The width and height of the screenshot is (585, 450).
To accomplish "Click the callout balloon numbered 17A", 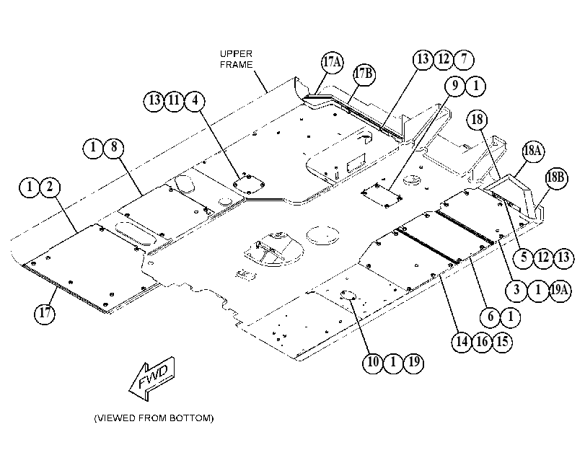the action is tap(332, 61).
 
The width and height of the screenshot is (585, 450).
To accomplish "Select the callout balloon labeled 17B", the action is tap(364, 74).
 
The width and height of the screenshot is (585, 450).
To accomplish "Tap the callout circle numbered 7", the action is tap(464, 59).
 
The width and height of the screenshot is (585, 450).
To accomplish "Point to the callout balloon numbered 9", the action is tap(455, 87).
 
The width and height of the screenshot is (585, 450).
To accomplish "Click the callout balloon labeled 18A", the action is tap(533, 151).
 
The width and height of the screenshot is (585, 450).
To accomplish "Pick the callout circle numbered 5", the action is tap(524, 257).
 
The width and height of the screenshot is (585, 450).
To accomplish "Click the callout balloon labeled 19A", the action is tap(560, 290).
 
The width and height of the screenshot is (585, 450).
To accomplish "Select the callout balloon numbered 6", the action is tap(491, 317).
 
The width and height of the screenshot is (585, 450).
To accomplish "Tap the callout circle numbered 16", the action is tap(482, 341).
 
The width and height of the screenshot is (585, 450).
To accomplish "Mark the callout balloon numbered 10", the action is tap(373, 362).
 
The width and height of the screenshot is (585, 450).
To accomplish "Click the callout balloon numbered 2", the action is tap(50, 187).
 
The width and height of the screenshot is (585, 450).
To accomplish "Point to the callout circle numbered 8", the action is tap(114, 147).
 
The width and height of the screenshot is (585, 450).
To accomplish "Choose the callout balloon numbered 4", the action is tap(195, 101).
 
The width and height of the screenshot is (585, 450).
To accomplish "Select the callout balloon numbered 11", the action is tap(175, 101).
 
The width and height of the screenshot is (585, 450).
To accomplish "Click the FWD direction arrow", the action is tap(152, 379).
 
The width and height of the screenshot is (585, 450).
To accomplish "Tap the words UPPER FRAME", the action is tap(236, 59).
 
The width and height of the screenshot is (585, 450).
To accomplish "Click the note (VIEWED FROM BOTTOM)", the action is tap(154, 418).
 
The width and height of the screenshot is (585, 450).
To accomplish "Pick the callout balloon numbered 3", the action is tap(516, 290).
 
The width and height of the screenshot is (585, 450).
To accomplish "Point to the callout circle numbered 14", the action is tap(462, 341).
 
